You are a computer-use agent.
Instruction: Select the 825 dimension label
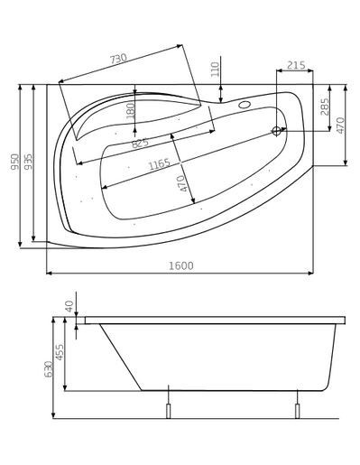(x=140, y=143)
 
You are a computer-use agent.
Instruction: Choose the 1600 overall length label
(x=180, y=266)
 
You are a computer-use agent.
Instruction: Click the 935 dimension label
(x=29, y=163)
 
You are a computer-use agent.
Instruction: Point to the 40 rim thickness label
(x=69, y=307)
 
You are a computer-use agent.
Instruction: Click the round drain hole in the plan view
(x=277, y=131)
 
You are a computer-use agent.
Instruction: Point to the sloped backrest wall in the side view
(x=119, y=357)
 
